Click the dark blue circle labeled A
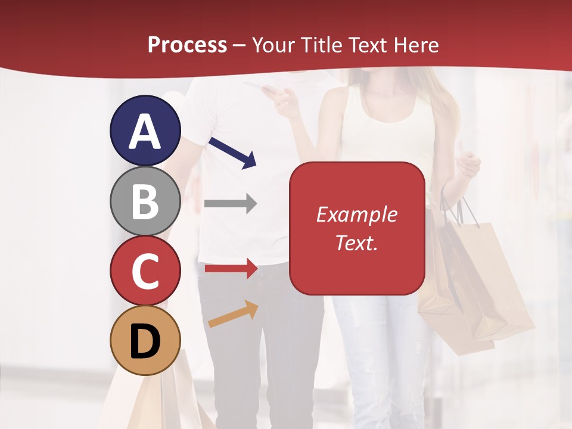[x=145, y=130]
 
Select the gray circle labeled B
[x=145, y=201]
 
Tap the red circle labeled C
[x=145, y=271]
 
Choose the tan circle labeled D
[x=145, y=340]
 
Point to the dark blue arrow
[x=233, y=153]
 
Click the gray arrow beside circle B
[x=230, y=204]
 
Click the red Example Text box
[x=357, y=228]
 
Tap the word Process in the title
[x=187, y=45]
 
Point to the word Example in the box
[x=357, y=214]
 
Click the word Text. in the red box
[x=357, y=243]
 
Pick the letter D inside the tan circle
[x=145, y=341]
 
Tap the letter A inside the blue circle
[x=145, y=132]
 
